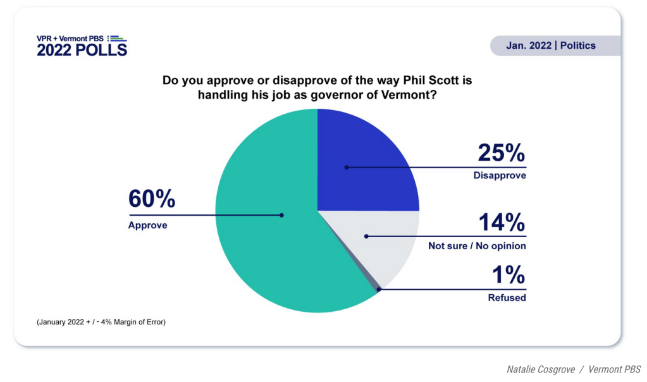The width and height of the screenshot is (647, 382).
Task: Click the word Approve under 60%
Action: pos(148,225)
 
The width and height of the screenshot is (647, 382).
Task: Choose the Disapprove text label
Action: pos(500,176)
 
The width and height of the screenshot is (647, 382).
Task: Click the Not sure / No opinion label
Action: pos(477,245)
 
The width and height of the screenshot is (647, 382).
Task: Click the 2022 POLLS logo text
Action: pos(82,50)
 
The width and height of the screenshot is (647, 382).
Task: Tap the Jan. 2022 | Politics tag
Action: pos(550,46)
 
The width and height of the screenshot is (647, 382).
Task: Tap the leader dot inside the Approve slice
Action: pos(282,215)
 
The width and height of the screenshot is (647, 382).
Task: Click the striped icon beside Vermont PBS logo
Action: pos(118,39)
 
